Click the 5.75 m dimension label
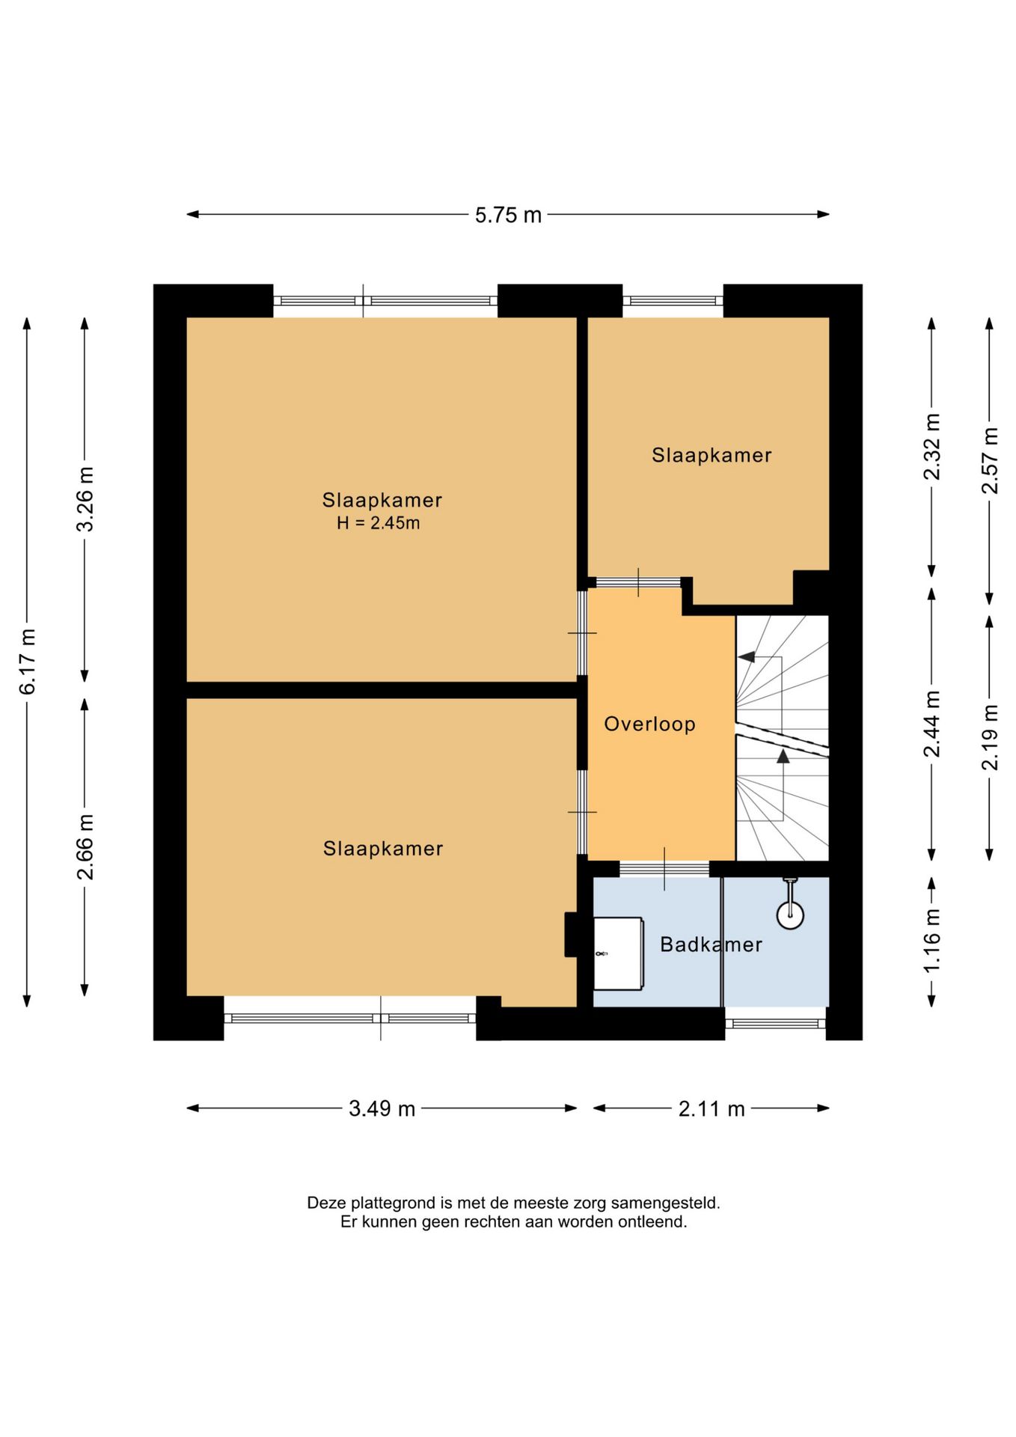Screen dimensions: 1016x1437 508,216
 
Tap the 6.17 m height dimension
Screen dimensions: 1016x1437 28,662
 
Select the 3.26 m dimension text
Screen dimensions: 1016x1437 85,499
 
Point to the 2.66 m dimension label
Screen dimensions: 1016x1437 85,847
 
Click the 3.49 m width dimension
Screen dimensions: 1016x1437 382,1108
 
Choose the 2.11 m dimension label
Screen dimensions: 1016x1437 711,1108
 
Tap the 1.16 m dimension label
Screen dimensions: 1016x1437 931,942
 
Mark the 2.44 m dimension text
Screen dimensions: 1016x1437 931,724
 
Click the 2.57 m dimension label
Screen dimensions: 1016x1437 990,460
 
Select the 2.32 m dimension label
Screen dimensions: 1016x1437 931,447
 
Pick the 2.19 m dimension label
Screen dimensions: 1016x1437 990,737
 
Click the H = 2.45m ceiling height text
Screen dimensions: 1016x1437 378,523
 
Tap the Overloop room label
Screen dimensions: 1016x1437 649,724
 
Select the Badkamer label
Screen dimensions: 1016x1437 711,945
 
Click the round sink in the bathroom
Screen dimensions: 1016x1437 790,915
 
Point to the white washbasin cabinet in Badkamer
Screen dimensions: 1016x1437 618,954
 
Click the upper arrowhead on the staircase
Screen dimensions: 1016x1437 746,657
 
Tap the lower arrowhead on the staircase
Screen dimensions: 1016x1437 783,756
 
